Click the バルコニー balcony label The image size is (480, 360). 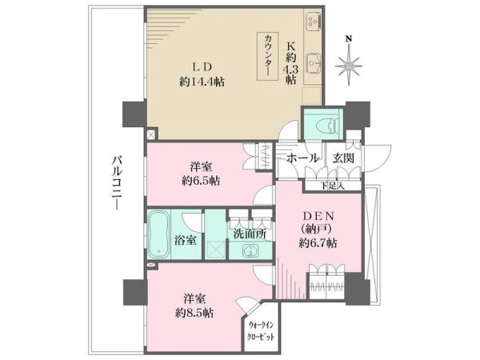[117, 183]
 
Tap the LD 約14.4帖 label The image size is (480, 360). [202, 74]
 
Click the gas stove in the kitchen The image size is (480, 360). [313, 21]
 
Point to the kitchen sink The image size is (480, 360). [313, 63]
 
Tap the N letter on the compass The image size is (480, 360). [348, 38]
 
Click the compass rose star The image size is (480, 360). [348, 66]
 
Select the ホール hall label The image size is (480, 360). [302, 158]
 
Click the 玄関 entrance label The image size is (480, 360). [343, 158]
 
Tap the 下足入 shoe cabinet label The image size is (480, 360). [333, 186]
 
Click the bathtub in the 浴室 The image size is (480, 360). [158, 234]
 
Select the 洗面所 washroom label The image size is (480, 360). [250, 234]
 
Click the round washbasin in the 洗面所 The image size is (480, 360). [250, 252]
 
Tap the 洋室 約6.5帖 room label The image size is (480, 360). [201, 174]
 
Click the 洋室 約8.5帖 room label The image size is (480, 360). [194, 306]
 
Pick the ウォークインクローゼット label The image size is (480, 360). [261, 331]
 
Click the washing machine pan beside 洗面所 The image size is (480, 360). [216, 250]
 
